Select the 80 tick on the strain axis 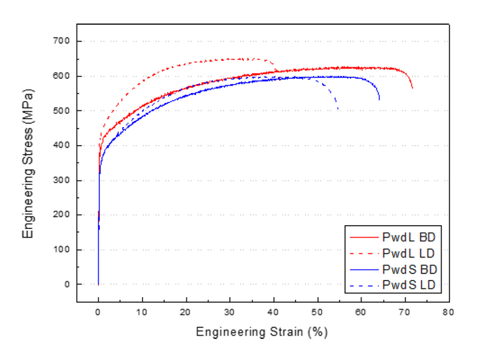[449, 312]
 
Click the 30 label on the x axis [230, 312]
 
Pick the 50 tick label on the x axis [318, 312]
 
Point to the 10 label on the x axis [142, 312]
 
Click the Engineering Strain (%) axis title [262, 332]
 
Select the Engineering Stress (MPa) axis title [28, 163]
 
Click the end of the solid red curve [412, 88]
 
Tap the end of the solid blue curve [379, 100]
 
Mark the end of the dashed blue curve [338, 109]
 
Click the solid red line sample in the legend [364, 237]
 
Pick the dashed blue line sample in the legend [364, 286]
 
